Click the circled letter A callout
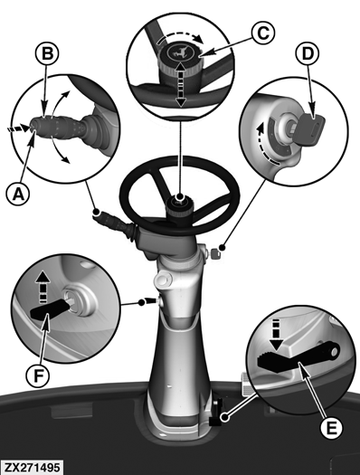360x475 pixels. click(x=18, y=194)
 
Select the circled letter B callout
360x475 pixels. click(x=47, y=53)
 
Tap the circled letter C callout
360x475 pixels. click(x=263, y=33)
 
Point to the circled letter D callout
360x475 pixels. click(x=307, y=53)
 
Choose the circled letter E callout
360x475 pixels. click(x=332, y=427)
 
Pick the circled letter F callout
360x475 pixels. click(x=38, y=375)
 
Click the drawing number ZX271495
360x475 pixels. click(x=33, y=468)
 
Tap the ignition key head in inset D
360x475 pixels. click(x=310, y=129)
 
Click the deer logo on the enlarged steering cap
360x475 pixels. click(x=181, y=53)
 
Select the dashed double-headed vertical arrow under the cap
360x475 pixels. click(x=181, y=84)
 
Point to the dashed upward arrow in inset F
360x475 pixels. click(x=43, y=287)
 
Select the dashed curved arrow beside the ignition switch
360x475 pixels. click(x=266, y=145)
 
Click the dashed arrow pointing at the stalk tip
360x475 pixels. click(x=17, y=128)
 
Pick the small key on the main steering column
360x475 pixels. click(x=215, y=254)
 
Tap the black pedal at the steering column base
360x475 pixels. click(x=215, y=413)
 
